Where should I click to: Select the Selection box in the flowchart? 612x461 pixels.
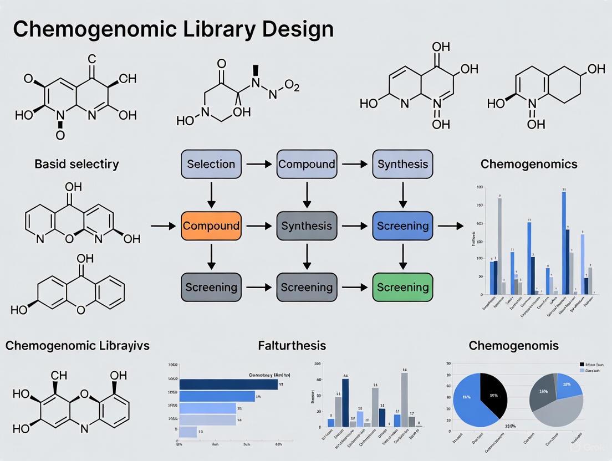[x=211, y=164]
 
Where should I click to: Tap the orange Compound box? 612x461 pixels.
[x=211, y=226]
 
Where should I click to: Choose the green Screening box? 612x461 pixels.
[x=402, y=287]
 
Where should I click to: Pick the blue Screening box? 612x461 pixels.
[x=402, y=226]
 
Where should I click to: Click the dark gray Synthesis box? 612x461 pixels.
[x=307, y=226]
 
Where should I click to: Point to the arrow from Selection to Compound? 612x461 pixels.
[x=258, y=164]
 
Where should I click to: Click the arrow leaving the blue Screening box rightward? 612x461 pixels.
[x=450, y=226]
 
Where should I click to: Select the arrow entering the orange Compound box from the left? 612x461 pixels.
[x=164, y=226]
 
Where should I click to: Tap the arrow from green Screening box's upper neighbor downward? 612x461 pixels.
[x=403, y=256]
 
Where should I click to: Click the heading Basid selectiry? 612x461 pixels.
[x=76, y=164]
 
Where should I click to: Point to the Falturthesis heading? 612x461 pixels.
[x=292, y=346]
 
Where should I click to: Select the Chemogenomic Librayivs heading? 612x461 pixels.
[x=77, y=346]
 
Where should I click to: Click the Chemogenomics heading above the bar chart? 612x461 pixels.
[x=529, y=164]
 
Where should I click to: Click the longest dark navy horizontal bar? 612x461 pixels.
[x=228, y=384]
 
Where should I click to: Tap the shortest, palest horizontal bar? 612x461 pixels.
[x=188, y=432]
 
